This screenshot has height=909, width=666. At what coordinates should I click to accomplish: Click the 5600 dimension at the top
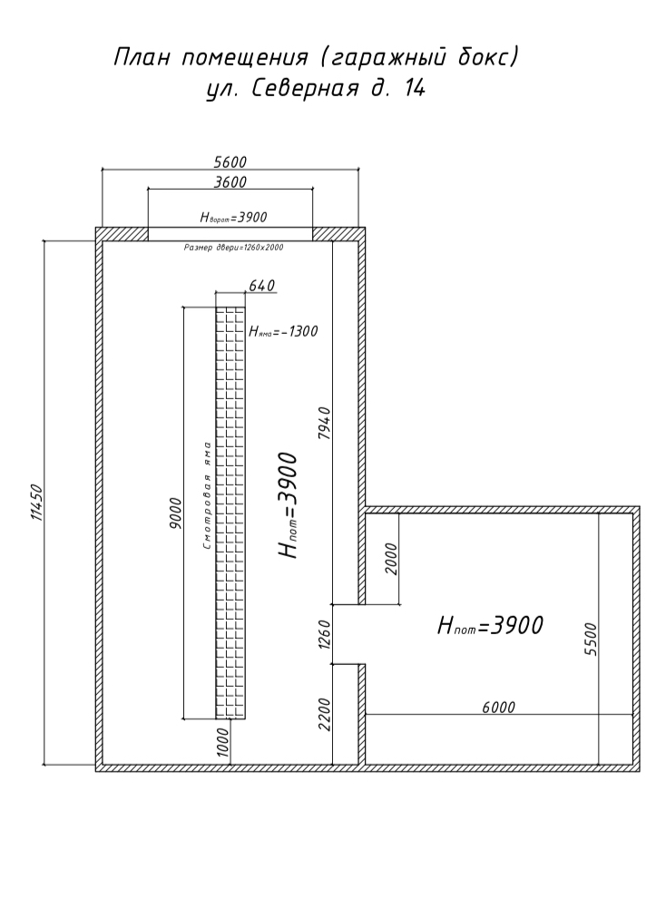(230, 161)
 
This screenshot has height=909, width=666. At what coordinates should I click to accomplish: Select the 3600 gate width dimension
(230, 182)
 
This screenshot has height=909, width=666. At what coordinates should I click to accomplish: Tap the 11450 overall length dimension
(36, 502)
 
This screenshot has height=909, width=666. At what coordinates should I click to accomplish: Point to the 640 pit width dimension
(262, 285)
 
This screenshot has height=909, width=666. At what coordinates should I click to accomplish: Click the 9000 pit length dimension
(177, 513)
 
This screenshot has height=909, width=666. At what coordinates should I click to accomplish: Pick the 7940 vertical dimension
(325, 423)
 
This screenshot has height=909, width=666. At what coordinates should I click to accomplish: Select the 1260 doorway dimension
(325, 634)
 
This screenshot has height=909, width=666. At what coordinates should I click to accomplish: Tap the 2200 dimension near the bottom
(325, 714)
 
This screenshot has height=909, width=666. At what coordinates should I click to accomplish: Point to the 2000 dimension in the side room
(392, 558)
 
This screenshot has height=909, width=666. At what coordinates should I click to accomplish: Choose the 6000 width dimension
(498, 708)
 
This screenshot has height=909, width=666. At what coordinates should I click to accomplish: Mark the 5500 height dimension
(591, 639)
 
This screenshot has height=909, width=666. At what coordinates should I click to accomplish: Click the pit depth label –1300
(283, 331)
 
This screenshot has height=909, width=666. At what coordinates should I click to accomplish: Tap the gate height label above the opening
(233, 218)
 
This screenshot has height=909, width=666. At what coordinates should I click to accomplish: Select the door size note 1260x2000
(233, 248)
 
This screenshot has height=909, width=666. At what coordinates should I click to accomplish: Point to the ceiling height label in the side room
(490, 626)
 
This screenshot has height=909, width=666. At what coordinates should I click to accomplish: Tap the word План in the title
(142, 58)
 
